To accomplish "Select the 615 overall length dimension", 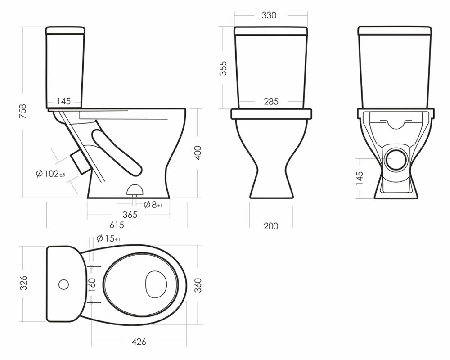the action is point(117,225).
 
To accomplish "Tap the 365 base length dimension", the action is point(130,215).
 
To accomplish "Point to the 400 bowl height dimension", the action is point(198,153).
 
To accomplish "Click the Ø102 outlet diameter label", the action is point(51,174).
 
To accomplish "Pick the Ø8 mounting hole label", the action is point(153,205).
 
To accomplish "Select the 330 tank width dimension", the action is point(269,15).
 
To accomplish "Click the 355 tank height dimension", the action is point(223,68).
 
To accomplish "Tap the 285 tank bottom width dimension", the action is point(271,101).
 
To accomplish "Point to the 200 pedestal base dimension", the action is point(271,226).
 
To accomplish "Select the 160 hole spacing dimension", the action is point(92,284).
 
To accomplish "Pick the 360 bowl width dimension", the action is point(198,285).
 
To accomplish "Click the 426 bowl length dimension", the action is point(139,342).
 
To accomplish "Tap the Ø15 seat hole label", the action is point(108,238).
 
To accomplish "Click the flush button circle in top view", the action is point(64,284).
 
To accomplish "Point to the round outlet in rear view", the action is point(396,160).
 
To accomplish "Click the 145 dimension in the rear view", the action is point(360,178).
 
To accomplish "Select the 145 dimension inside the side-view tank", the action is point(63,101).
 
